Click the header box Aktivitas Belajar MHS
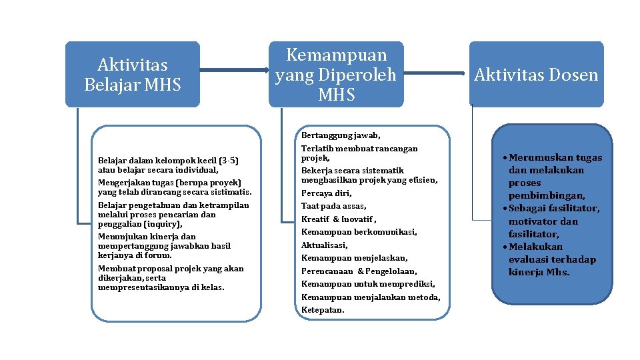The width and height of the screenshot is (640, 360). (132, 74)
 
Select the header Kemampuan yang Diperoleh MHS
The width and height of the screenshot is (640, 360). (336, 74)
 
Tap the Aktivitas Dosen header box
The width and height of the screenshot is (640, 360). (536, 75)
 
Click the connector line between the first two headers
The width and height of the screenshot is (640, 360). (233, 70)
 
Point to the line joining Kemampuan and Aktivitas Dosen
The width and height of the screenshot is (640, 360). (436, 73)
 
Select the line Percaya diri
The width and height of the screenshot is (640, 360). (326, 193)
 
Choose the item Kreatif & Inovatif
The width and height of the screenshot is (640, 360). (339, 219)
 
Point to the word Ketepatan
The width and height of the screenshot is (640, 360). (323, 310)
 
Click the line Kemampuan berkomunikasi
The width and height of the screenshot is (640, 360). (359, 232)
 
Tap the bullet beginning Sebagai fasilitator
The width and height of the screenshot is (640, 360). (553, 209)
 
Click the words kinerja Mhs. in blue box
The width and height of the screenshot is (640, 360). (539, 272)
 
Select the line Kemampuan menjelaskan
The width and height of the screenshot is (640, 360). (354, 258)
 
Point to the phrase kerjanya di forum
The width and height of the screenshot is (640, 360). (135, 255)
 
